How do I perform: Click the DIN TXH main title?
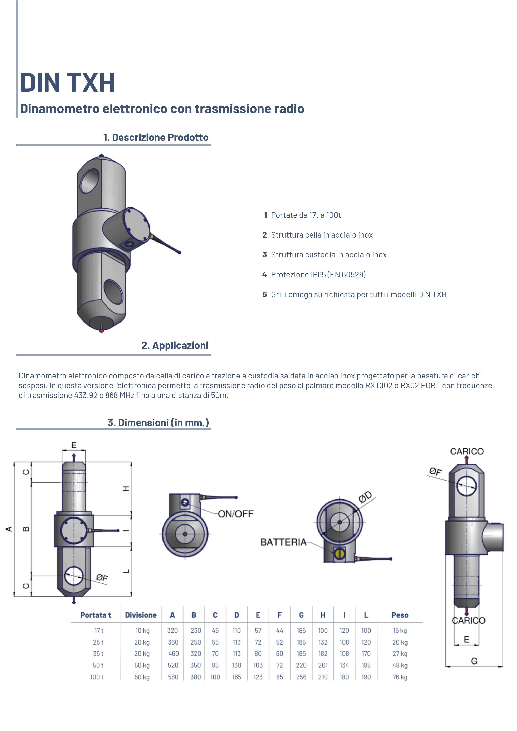pyautogui.click(x=68, y=83)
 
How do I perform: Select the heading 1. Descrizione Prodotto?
pyautogui.click(x=156, y=137)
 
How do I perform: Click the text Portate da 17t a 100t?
pyautogui.click(x=306, y=215)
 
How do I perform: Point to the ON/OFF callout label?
pyautogui.click(x=236, y=514)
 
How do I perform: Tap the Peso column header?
pyautogui.click(x=400, y=615)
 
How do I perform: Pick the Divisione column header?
pyautogui.click(x=141, y=615)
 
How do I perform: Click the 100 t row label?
pyautogui.click(x=97, y=677)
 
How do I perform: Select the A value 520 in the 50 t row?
pyautogui.click(x=173, y=665)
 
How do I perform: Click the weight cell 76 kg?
pyautogui.click(x=400, y=677)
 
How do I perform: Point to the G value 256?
pyautogui.click(x=301, y=677)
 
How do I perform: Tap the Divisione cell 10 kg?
pyautogui.click(x=142, y=630)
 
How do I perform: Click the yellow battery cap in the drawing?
pyautogui.click(x=340, y=554)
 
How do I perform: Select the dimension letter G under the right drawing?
pyautogui.click(x=474, y=661)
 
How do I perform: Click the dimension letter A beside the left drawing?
pyautogui.click(x=9, y=529)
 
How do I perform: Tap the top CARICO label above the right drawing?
pyautogui.click(x=467, y=452)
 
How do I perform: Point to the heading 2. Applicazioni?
pyautogui.click(x=175, y=345)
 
